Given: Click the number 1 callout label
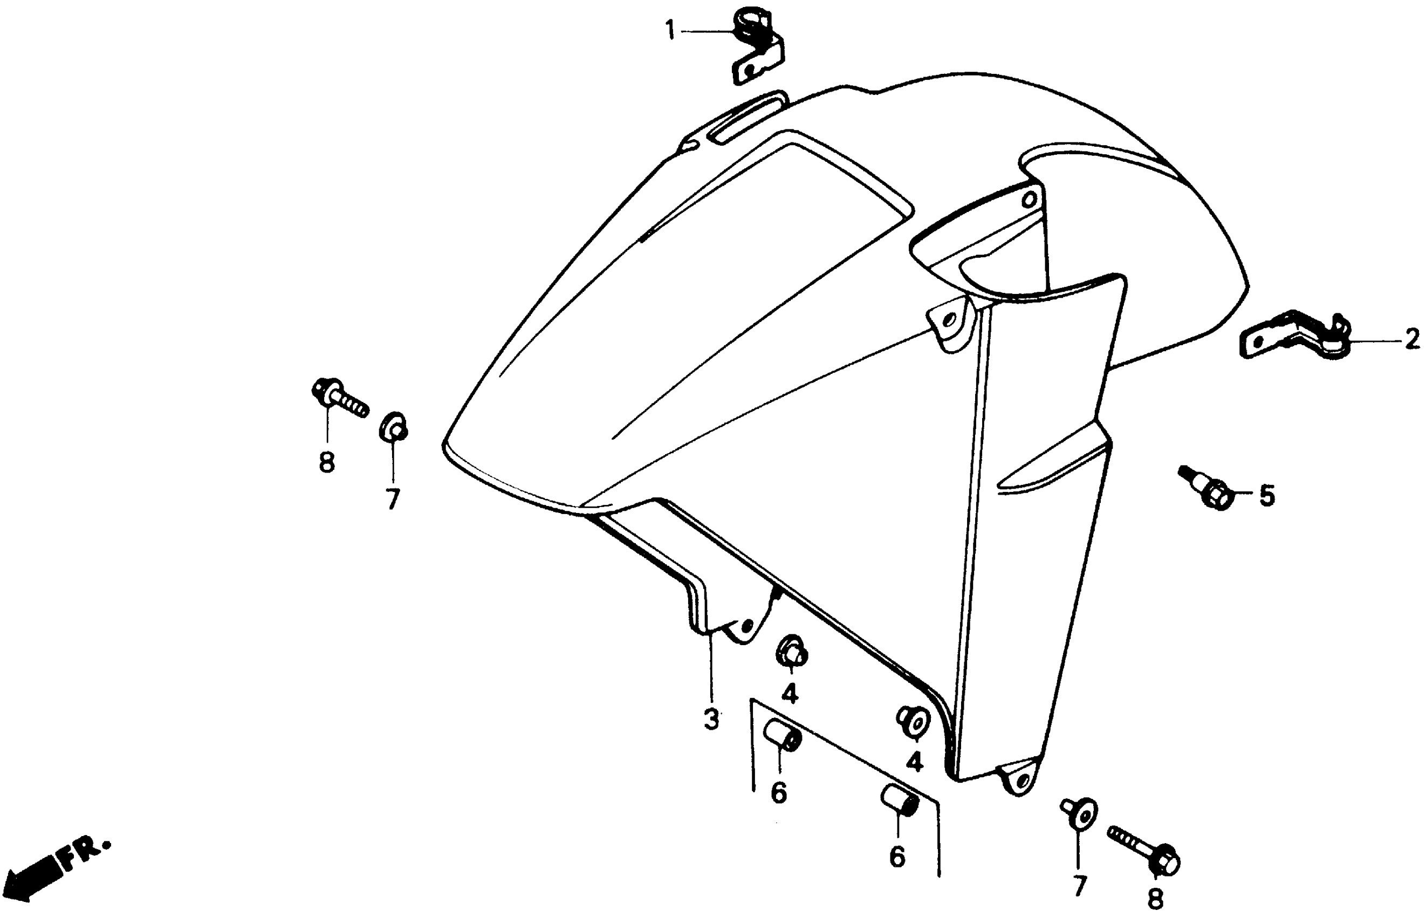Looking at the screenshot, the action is [670, 30].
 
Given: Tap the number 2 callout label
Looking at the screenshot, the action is [1412, 340].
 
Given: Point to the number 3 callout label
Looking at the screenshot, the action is [711, 720].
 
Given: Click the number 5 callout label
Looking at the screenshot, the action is [1266, 495].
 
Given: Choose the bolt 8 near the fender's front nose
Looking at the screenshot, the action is [338, 397].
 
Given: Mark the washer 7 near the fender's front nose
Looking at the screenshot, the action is [394, 426].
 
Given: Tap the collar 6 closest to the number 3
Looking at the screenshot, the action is [783, 737].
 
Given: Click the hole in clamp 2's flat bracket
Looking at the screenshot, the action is [1258, 343].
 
